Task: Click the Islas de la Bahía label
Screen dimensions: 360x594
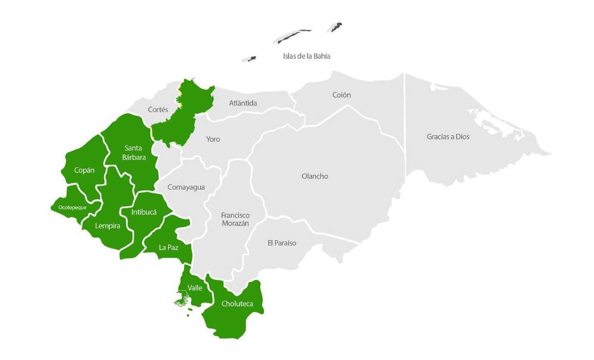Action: coord(306,56)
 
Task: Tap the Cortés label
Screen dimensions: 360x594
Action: coord(158,110)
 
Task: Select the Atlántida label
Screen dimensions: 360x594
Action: coord(243,103)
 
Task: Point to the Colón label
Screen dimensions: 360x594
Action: coord(342,95)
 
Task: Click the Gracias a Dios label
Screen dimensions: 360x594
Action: coord(448,136)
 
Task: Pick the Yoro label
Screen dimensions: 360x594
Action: coord(213,139)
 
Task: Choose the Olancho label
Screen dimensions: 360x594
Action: coord(315,176)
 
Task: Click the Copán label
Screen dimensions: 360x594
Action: coord(84,170)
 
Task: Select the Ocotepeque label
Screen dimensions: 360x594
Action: coord(72,208)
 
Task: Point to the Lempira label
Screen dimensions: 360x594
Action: coord(108,226)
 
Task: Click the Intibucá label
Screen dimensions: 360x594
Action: coord(144,211)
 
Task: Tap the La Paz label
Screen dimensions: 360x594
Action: coord(169,247)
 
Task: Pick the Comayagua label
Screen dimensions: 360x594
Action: coord(186,187)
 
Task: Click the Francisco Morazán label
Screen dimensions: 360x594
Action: coord(235,219)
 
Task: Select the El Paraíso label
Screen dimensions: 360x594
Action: coord(282,243)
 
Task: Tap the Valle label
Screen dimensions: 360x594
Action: coord(195,288)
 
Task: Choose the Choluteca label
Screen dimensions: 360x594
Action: coord(237,304)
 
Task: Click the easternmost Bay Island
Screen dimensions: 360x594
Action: coord(336,27)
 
